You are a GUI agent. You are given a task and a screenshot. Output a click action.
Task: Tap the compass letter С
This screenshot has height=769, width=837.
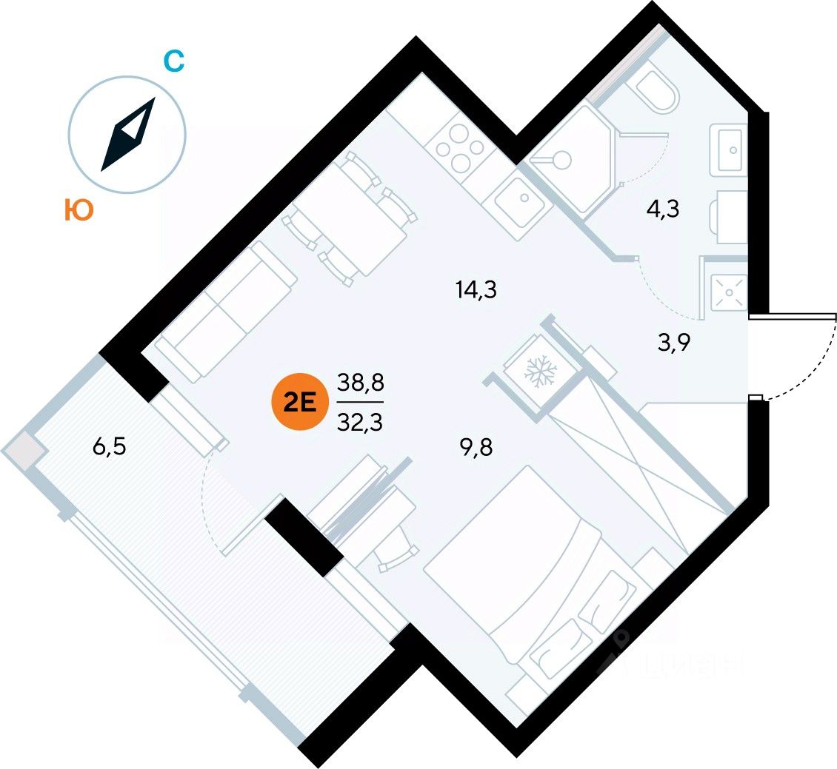point(173,62)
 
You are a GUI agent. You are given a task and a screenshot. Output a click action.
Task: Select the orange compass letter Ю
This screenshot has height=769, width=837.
point(78,211)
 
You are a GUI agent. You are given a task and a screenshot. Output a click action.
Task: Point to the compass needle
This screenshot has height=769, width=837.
point(127,135)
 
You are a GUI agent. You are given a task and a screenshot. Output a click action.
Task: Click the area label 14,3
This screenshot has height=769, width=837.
point(476,289)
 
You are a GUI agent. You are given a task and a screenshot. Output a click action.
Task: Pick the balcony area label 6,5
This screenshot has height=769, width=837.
point(110,448)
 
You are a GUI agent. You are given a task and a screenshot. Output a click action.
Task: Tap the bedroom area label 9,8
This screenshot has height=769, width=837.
point(476,447)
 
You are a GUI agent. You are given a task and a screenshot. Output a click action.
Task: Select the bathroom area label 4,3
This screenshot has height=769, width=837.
point(663,209)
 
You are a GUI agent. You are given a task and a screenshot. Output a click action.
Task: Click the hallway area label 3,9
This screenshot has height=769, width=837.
point(673,344)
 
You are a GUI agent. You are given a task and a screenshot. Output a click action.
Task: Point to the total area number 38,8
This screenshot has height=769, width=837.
point(359,383)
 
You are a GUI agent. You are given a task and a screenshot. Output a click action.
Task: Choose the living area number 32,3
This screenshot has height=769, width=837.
point(359,424)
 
